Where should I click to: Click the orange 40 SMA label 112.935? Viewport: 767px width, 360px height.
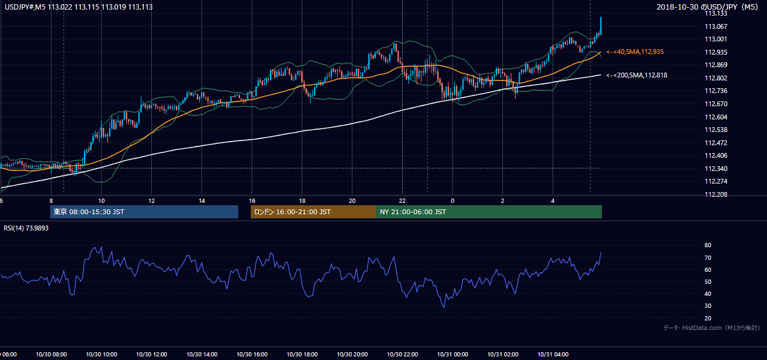point(635,52)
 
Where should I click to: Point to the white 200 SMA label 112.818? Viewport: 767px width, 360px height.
point(637,75)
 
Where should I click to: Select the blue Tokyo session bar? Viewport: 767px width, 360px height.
point(144,212)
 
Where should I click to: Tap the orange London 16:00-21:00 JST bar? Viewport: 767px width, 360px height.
point(313,212)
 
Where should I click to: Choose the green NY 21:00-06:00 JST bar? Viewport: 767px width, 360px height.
point(489,212)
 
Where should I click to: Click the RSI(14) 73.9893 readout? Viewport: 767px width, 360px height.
point(26,228)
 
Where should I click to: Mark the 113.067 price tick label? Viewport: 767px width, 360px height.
point(715,26)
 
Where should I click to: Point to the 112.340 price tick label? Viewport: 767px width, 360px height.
point(715,169)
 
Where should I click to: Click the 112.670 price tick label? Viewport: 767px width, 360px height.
point(715,104)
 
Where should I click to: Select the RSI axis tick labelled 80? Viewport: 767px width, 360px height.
point(708,245)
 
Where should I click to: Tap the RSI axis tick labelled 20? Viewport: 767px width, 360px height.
point(708,318)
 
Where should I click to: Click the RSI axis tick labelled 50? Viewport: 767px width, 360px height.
point(708,281)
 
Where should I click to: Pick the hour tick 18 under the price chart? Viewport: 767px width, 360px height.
point(302,201)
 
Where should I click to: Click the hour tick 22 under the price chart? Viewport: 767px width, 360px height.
point(402,201)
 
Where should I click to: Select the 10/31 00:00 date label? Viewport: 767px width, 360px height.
point(453,355)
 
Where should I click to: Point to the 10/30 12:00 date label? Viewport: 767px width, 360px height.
point(151,355)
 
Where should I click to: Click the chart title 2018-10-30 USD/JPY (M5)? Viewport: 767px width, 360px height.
point(707,7)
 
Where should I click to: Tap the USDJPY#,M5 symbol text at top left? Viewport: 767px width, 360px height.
point(25,7)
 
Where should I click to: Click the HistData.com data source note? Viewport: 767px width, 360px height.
point(712,328)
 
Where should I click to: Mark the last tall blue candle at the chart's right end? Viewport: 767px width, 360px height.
point(601,26)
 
